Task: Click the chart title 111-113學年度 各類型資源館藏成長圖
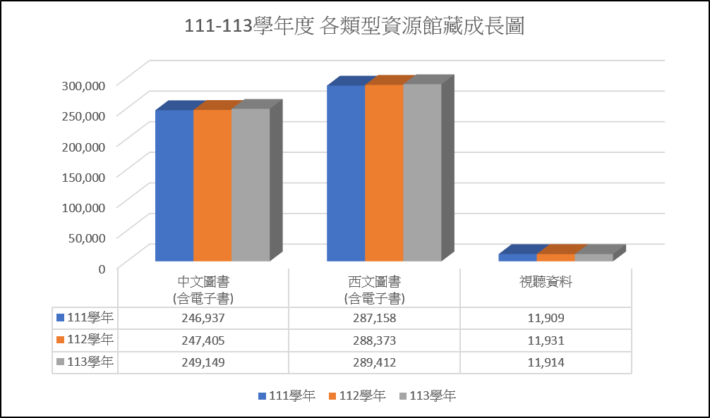[354, 27]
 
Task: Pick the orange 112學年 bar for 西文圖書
[384, 173]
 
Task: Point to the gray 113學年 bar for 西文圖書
[422, 173]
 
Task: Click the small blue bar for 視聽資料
[517, 257]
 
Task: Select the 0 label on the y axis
[102, 268]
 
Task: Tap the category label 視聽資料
[546, 283]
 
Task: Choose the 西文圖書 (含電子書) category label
[375, 290]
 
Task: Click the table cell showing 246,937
[203, 318]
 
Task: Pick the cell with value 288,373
[375, 340]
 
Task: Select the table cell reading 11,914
[546, 362]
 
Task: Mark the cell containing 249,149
[203, 362]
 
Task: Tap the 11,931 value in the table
[546, 340]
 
